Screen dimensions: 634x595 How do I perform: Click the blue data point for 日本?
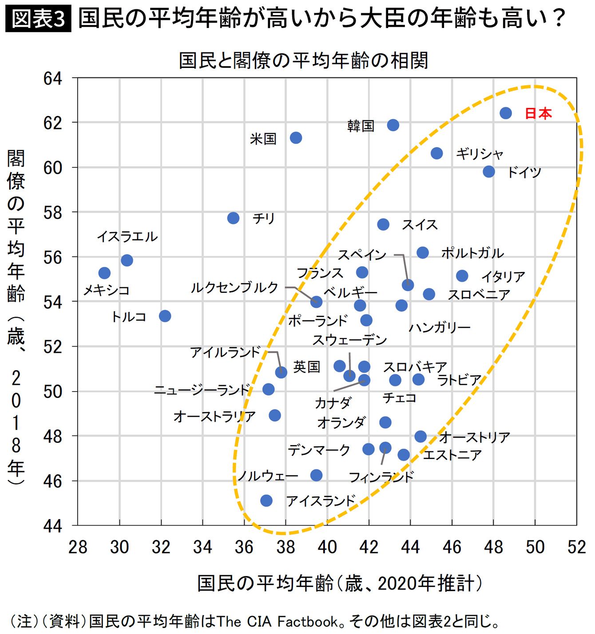tap(505, 113)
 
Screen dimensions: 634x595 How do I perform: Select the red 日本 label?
tap(538, 114)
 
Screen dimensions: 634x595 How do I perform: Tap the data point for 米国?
tap(296, 138)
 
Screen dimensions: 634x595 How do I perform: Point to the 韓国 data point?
tap(393, 125)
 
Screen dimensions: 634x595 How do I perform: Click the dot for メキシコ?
tap(104, 273)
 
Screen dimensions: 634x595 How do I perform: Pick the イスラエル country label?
tap(127, 236)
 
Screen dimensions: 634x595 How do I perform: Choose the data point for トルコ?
tap(165, 316)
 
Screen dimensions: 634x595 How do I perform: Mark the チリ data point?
tap(233, 218)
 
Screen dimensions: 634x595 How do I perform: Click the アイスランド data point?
tap(266, 501)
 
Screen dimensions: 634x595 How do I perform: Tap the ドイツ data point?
tap(489, 171)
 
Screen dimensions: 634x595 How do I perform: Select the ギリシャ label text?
tap(480, 154)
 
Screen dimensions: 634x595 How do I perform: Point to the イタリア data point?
tap(462, 276)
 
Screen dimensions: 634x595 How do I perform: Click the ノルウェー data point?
tap(316, 475)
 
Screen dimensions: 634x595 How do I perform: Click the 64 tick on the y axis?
tap(53, 79)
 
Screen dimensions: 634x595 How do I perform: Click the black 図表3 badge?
tap(38, 20)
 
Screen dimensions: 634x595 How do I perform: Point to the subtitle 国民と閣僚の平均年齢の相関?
tap(303, 60)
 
